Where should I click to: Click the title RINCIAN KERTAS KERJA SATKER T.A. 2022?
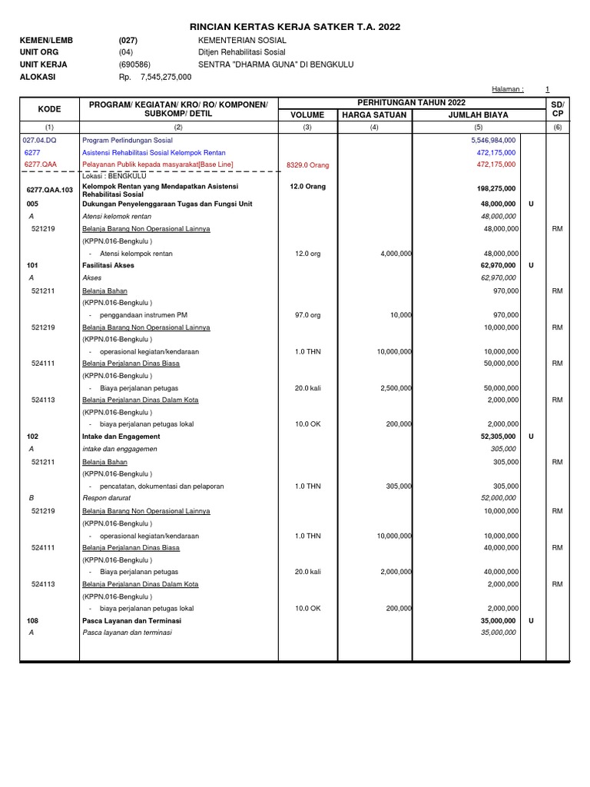click(x=295, y=26)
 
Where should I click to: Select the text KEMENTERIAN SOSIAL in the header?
click(x=242, y=40)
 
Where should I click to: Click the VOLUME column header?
click(x=307, y=115)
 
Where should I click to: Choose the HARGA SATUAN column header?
click(x=374, y=115)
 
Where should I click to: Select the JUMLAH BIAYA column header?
click(x=466, y=115)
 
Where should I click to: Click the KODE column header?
click(x=49, y=109)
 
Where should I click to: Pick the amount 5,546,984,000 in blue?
click(x=492, y=141)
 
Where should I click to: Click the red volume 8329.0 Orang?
click(x=307, y=164)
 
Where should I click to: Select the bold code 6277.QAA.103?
click(x=49, y=189)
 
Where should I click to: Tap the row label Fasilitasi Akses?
click(x=108, y=265)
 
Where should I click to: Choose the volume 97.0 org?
click(x=307, y=315)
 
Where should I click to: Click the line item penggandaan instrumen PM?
click(x=143, y=315)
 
